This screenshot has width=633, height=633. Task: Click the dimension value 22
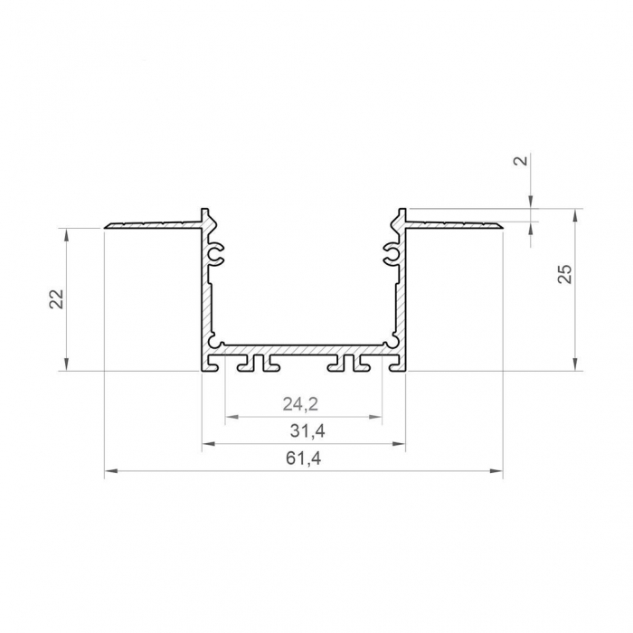click(x=54, y=298)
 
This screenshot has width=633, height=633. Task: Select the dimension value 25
click(x=563, y=275)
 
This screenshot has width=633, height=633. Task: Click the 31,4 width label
click(x=302, y=430)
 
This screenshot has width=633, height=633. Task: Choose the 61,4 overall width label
click(x=303, y=458)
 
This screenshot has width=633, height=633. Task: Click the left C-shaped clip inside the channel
click(x=216, y=256)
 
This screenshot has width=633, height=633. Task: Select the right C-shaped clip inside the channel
click(x=391, y=256)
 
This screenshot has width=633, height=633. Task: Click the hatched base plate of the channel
click(x=303, y=348)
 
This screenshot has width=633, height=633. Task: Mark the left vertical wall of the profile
click(x=205, y=289)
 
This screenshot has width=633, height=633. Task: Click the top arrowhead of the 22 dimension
click(x=66, y=233)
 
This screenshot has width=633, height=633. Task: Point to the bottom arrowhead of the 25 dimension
click(x=575, y=365)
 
